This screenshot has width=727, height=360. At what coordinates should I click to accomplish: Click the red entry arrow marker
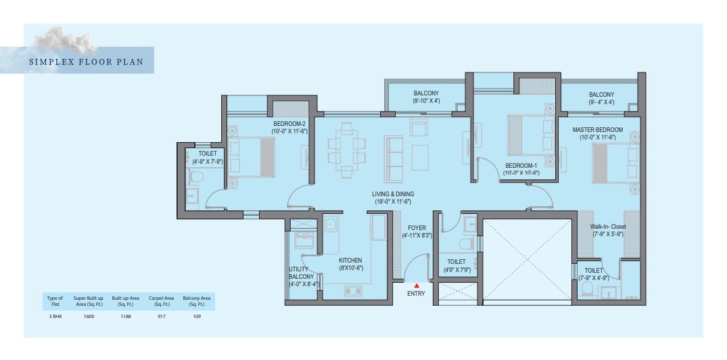pos(417,286)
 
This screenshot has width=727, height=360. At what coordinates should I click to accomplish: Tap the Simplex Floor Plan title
pos(86,61)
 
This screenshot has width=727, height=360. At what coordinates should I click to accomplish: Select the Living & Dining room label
pos(393,198)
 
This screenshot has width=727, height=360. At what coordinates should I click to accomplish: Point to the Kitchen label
pos(350,264)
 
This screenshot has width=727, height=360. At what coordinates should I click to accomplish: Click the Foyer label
pos(417,231)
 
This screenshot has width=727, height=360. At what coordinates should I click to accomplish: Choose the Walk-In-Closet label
pos(608,230)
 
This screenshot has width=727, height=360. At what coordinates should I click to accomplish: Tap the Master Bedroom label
pos(597,133)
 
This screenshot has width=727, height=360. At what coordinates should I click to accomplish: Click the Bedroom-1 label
pos(521,169)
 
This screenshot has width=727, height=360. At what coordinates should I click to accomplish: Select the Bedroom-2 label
pos(289,128)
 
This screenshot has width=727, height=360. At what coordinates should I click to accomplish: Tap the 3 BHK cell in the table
pos(55,317)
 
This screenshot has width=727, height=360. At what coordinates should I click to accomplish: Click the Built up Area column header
pos(124,300)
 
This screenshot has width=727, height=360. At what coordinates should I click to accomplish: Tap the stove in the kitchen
pos(354,291)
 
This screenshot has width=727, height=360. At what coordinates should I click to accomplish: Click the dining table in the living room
pos(347,150)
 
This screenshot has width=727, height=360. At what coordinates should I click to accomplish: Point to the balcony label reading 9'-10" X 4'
pos(426,97)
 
